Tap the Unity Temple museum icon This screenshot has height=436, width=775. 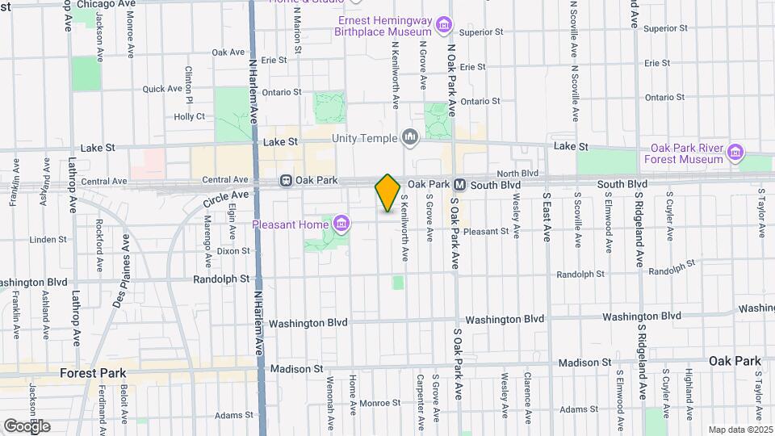pyautogui.click(x=411, y=139)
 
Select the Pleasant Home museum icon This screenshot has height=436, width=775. pyautogui.click(x=341, y=222)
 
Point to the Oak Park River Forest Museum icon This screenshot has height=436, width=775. pyautogui.click(x=735, y=152)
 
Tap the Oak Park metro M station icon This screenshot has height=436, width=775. pyautogui.click(x=458, y=185)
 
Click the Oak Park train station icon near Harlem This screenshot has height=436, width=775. pyautogui.click(x=286, y=181)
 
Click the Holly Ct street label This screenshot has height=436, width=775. pyautogui.click(x=190, y=116)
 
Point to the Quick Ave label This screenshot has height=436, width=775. pyautogui.click(x=163, y=89)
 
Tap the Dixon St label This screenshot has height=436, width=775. pyautogui.click(x=233, y=251)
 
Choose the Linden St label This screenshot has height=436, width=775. pyautogui.click(x=48, y=240)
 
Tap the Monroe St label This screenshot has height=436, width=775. pyautogui.click(x=374, y=402)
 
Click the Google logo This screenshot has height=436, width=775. pyautogui.click(x=27, y=426)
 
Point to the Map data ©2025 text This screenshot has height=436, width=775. pyautogui.click(x=739, y=430)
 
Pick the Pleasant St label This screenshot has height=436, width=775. pyautogui.click(x=487, y=231)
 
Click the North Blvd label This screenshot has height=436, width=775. pyautogui.click(x=517, y=174)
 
